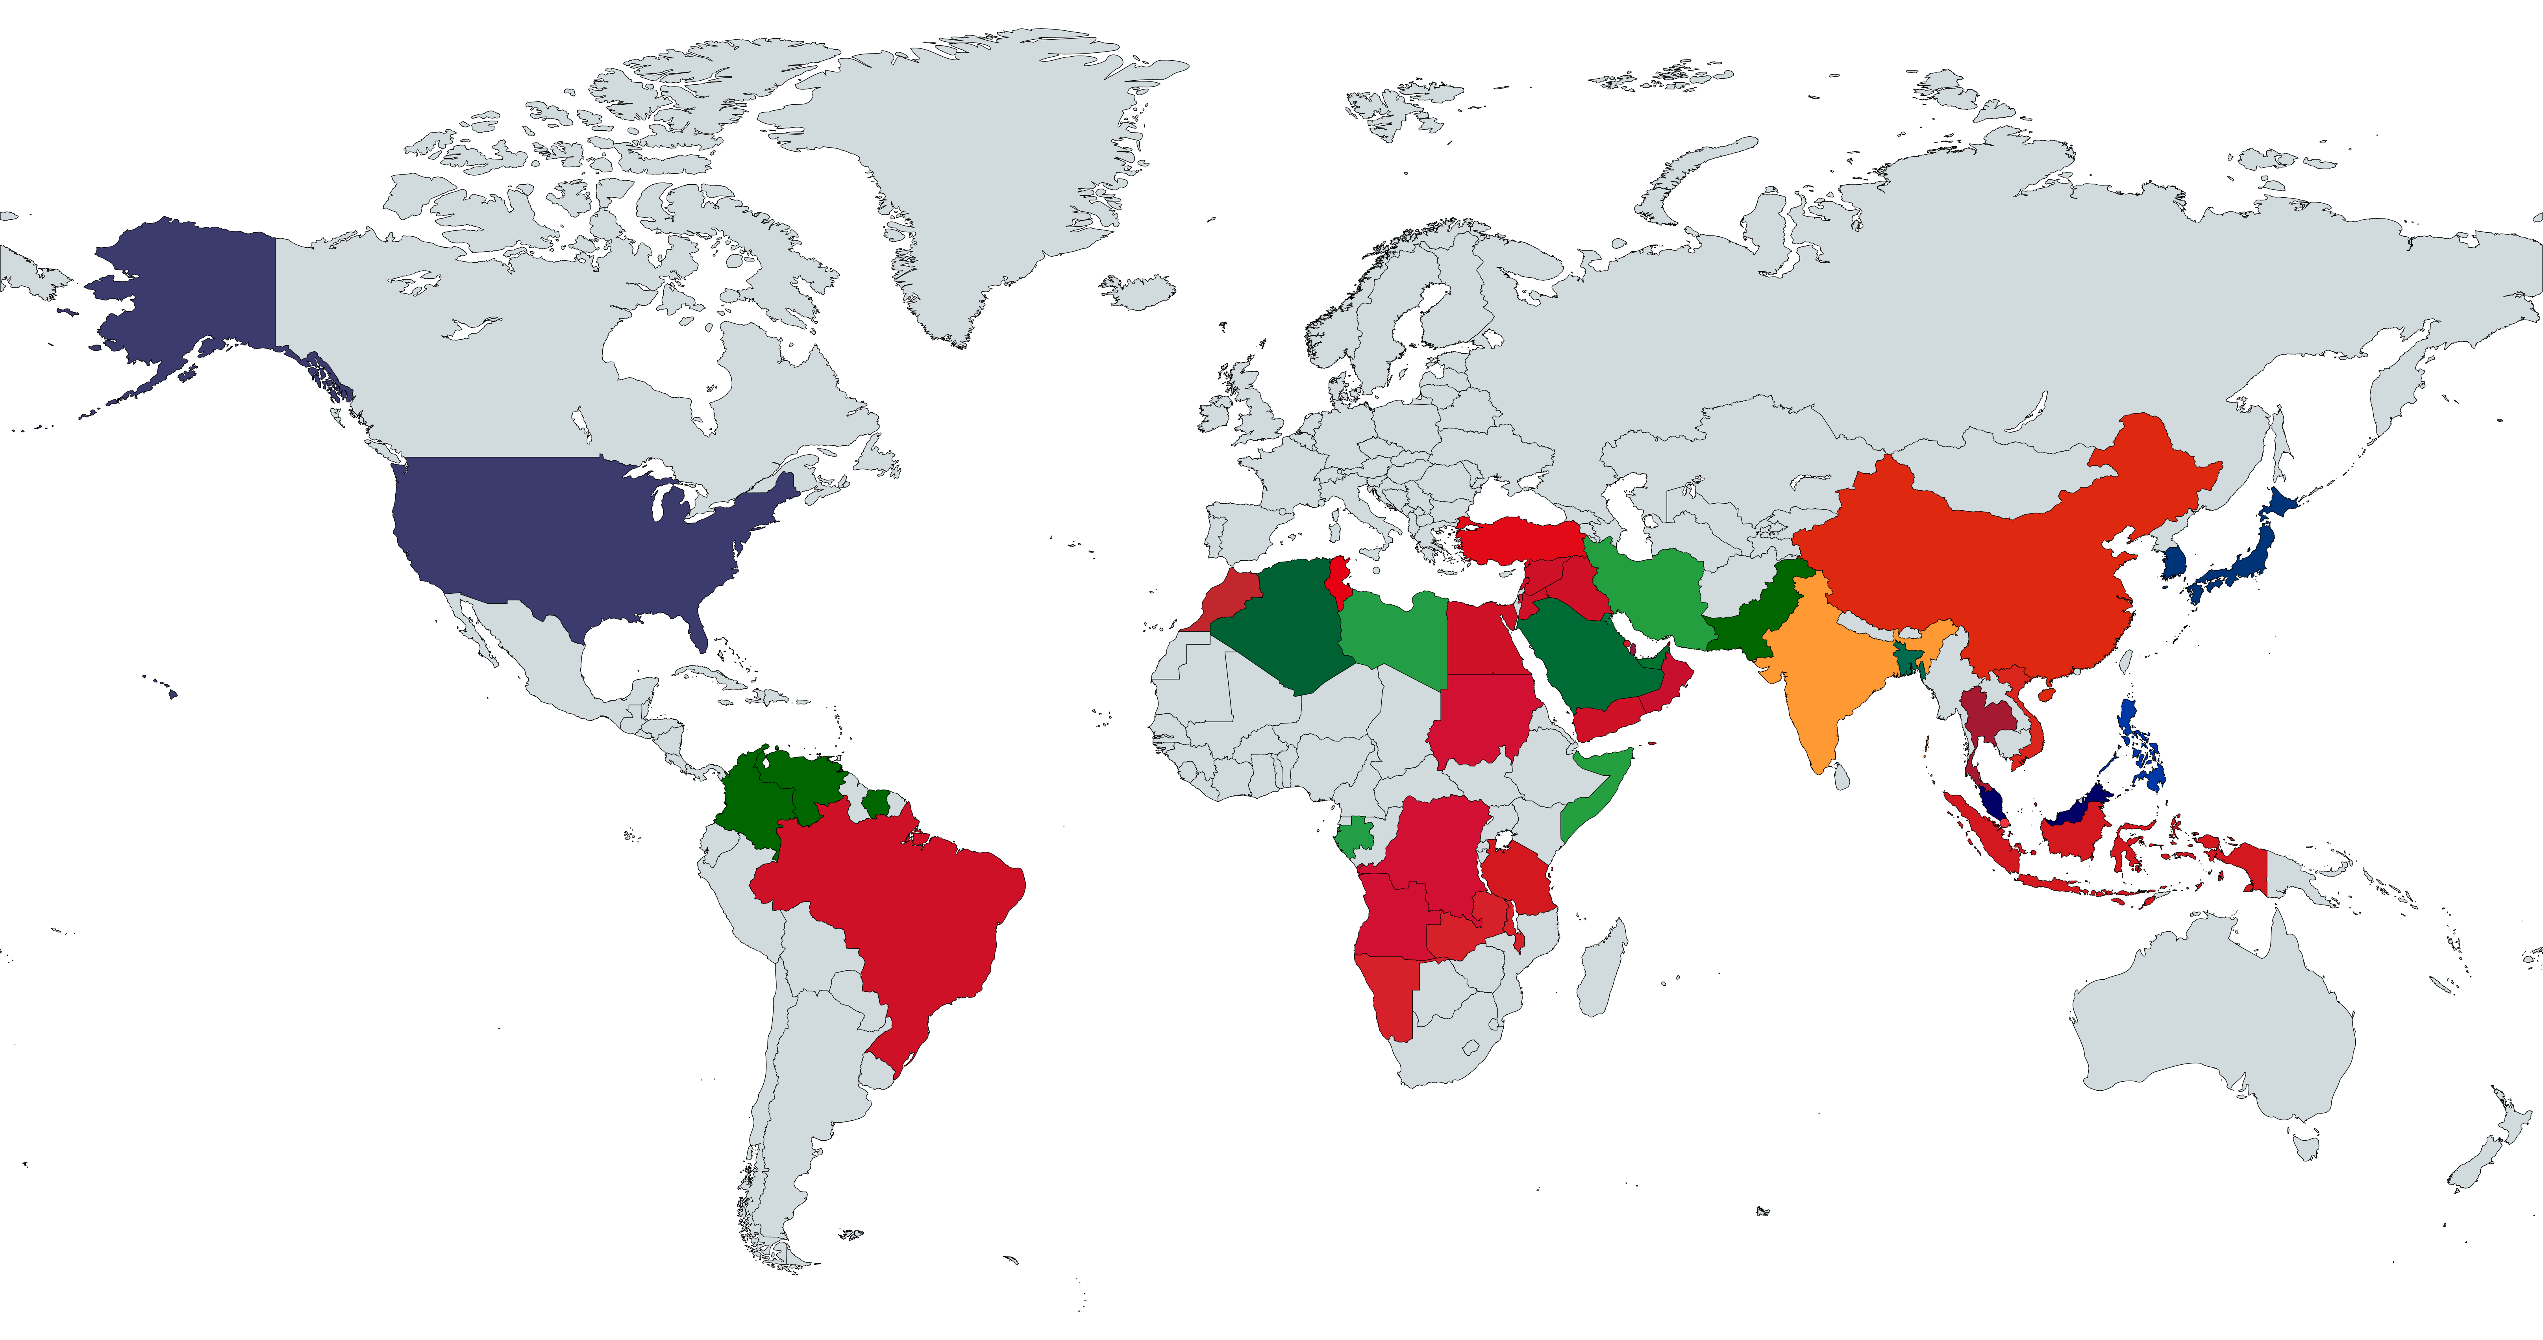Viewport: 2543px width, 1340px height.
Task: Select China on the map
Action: tap(1994, 553)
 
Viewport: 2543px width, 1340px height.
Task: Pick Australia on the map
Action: tap(2211, 1027)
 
